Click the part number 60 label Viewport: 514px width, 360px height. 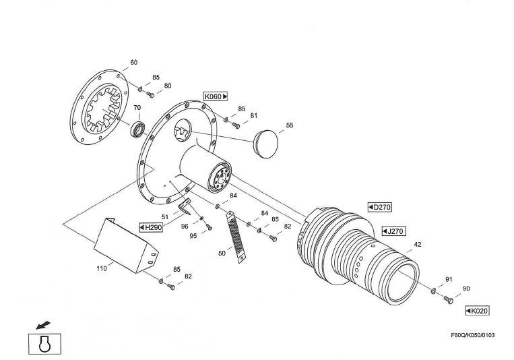coord(133,62)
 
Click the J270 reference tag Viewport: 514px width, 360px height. coord(393,231)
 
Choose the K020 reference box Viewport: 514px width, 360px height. coord(477,311)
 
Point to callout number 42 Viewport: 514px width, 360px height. coord(418,244)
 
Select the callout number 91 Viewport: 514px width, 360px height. coord(449,278)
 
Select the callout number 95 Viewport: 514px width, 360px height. coord(193,236)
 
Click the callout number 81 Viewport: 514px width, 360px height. coord(253,115)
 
